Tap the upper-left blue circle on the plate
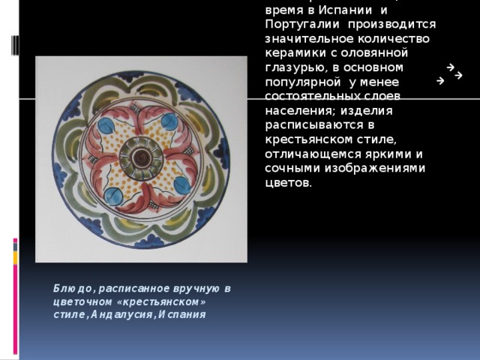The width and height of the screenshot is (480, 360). pos(106,124)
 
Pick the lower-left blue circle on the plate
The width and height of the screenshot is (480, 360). pos(112,195)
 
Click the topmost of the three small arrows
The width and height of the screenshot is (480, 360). pos(448,67)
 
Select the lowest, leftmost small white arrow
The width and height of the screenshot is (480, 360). pos(439,80)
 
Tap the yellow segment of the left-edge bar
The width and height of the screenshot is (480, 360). pos(15,258)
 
